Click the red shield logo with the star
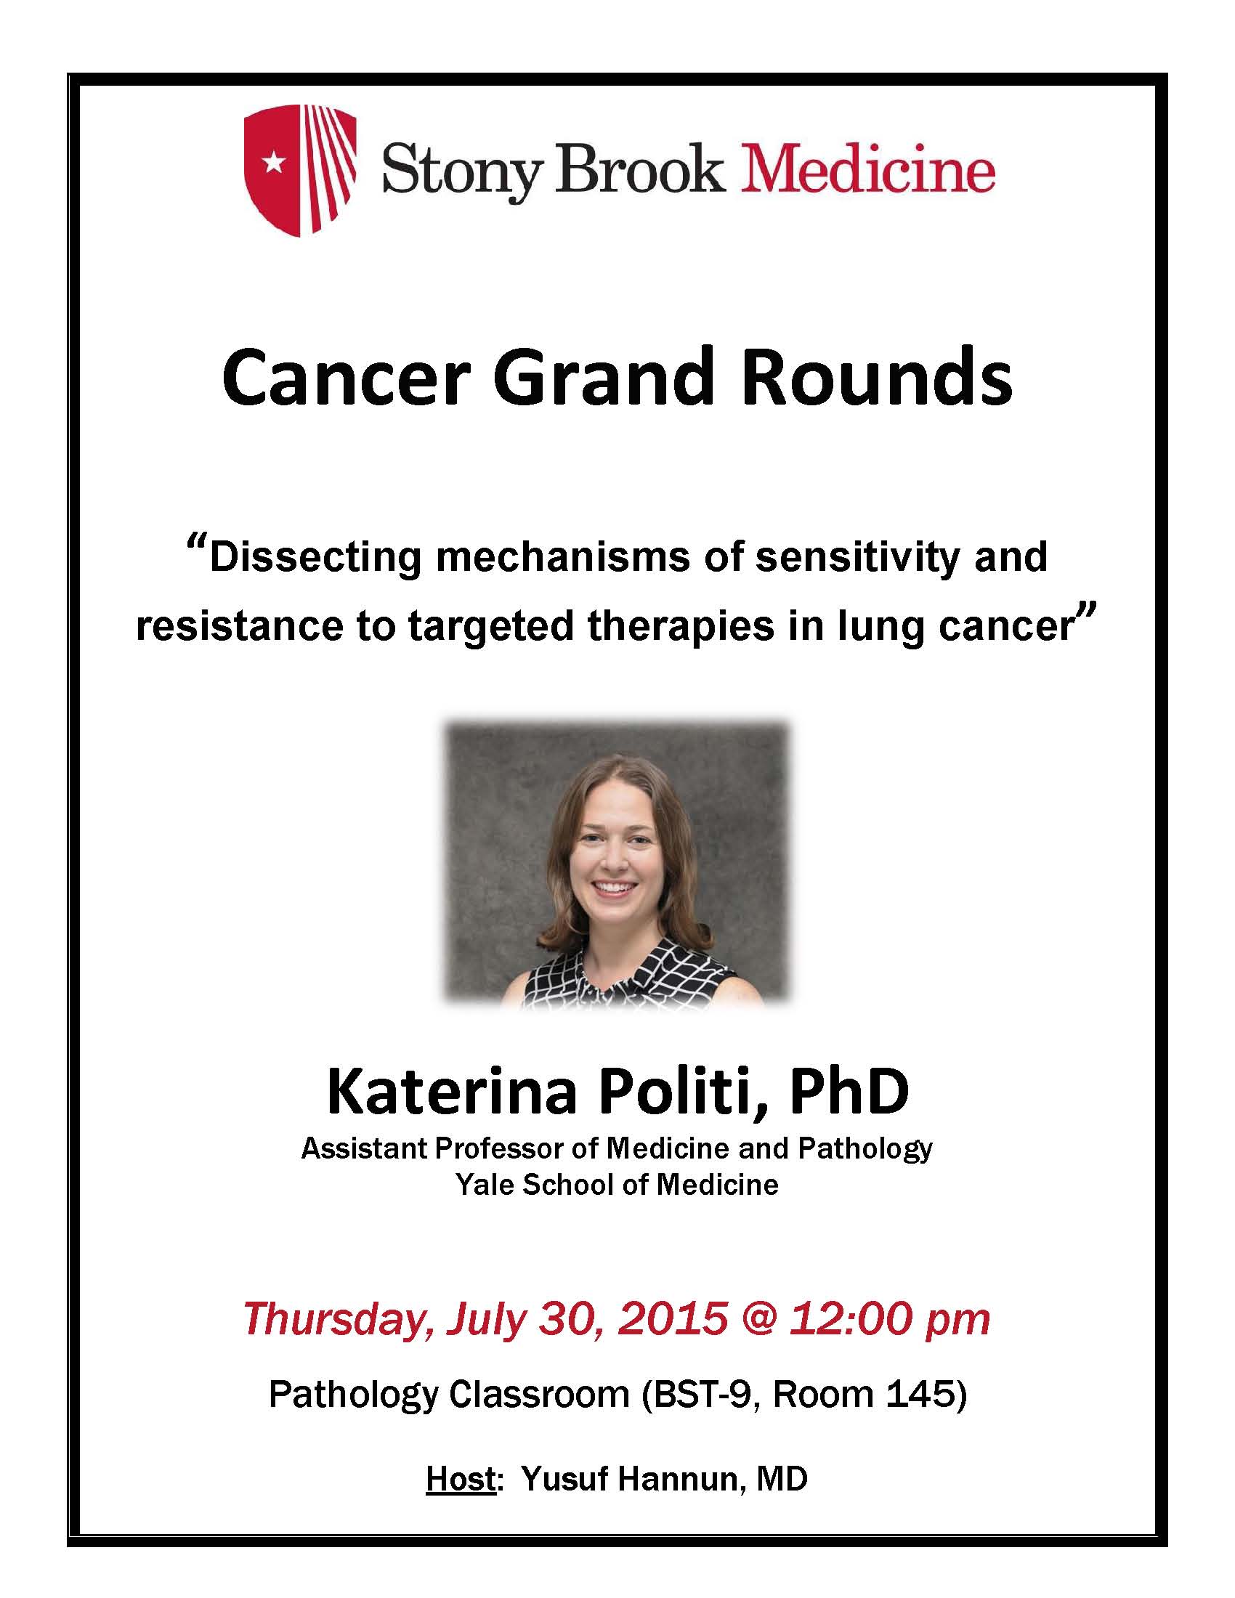coord(299,171)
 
